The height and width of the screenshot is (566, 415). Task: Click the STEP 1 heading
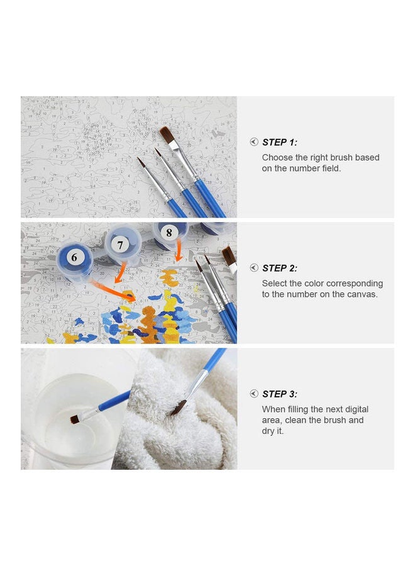280,142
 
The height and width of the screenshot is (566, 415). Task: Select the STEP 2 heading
280,268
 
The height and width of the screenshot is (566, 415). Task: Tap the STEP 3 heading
280,394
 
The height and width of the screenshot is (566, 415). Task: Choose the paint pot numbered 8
170,235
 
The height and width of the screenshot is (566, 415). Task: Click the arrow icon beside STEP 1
254,142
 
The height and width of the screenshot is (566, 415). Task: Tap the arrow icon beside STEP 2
254,267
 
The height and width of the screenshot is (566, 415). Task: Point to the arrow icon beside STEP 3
254,394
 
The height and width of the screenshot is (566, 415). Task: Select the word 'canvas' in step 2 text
362,294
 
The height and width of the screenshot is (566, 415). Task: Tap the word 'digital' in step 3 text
357,409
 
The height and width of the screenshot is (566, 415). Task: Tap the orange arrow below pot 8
178,250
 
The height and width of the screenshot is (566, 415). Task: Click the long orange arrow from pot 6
112,290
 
